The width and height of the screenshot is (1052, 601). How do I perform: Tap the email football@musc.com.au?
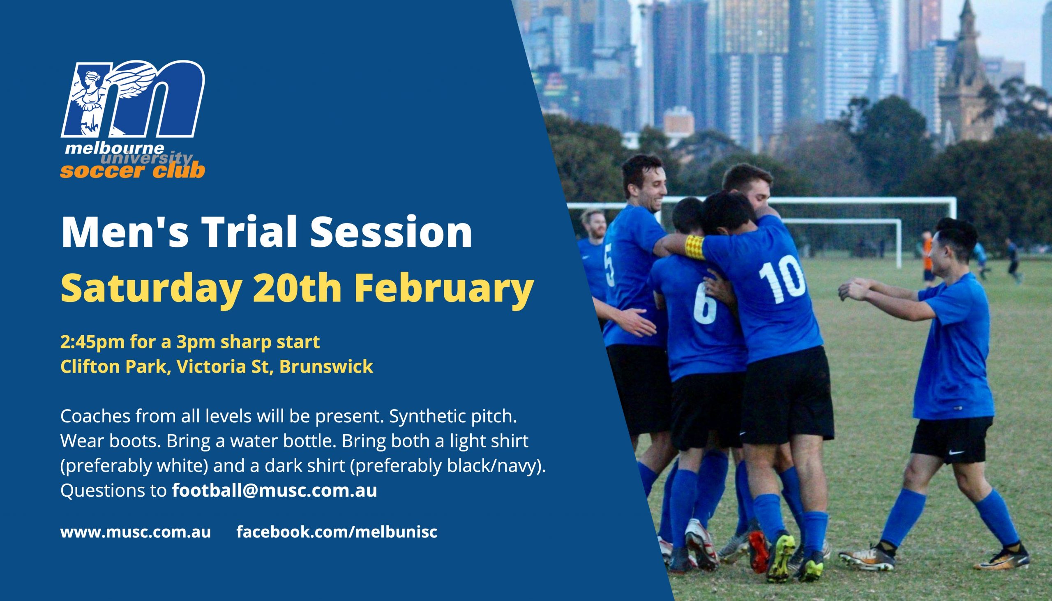pyautogui.click(x=275, y=491)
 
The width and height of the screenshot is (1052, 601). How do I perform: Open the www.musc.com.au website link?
pyautogui.click(x=136, y=532)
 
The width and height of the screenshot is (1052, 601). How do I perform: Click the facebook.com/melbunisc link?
pyautogui.click(x=337, y=532)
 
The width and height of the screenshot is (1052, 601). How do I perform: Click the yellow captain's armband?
pyautogui.click(x=695, y=247)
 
